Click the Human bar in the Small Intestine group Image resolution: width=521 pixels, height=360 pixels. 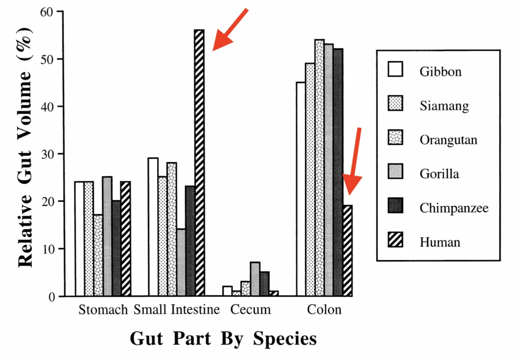(199, 163)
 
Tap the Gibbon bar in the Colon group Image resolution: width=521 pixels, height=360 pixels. (301, 189)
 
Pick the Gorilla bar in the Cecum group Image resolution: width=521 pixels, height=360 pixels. (255, 279)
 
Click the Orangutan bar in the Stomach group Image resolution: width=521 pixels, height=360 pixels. (98, 255)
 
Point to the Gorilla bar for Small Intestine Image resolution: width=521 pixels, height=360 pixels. (181, 262)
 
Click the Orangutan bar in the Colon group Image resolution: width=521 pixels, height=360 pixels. (320, 168)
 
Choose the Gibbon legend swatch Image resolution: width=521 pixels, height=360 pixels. (395, 69)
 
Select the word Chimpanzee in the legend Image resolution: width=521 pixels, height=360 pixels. (454, 208)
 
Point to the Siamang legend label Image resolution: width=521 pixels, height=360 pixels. (444, 106)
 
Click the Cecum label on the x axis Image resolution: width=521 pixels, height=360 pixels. (250, 310)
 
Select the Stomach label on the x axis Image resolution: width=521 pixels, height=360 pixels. (103, 310)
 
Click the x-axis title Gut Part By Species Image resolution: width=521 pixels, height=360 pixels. (223, 339)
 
